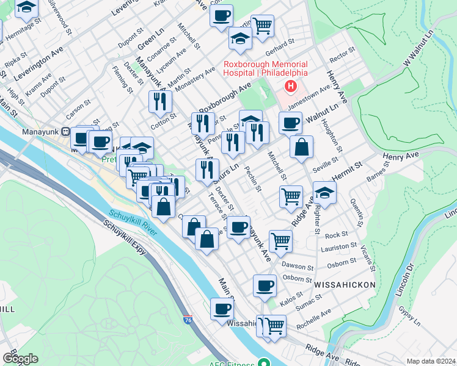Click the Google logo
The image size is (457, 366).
tap(20, 359)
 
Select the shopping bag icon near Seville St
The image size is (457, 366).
tap(302, 147)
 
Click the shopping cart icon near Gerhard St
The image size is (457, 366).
tap(262, 26)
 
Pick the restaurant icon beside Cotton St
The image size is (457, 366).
tap(160, 101)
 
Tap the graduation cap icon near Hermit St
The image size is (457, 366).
tap(325, 193)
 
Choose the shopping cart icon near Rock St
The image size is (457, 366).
tap(280, 240)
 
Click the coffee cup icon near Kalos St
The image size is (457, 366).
tap(265, 285)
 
